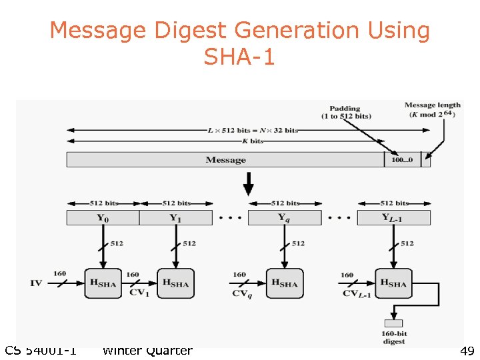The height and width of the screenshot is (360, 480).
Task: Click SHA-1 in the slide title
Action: [239, 57]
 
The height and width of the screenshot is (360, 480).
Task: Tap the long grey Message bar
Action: [225, 160]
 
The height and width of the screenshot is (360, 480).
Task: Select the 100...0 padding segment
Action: [402, 160]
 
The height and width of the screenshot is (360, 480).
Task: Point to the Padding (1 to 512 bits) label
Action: [346, 112]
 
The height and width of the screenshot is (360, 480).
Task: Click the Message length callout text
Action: [433, 109]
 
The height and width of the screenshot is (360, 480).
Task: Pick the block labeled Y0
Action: [103, 217]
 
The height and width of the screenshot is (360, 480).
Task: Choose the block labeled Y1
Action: [175, 217]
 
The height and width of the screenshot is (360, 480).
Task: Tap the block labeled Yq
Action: [285, 217]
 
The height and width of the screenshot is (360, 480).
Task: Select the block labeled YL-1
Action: [394, 217]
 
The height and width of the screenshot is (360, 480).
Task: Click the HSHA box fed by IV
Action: [103, 283]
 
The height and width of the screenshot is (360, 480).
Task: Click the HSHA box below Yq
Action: [285, 283]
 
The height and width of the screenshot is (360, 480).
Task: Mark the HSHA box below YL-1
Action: [394, 283]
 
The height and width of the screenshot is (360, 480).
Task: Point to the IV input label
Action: [36, 283]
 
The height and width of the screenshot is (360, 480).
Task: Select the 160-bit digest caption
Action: [393, 338]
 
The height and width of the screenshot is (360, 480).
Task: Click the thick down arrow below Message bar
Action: [248, 182]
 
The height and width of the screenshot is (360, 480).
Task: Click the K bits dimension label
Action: [256, 141]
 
